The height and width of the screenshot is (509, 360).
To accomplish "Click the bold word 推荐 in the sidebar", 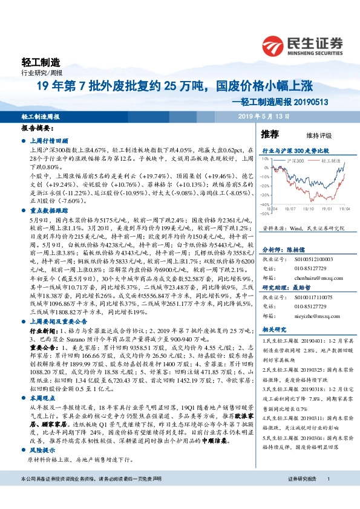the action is [269, 134].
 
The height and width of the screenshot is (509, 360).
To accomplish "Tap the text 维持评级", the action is [309, 136].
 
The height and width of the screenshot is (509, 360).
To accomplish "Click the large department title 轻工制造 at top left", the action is [41, 62].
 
